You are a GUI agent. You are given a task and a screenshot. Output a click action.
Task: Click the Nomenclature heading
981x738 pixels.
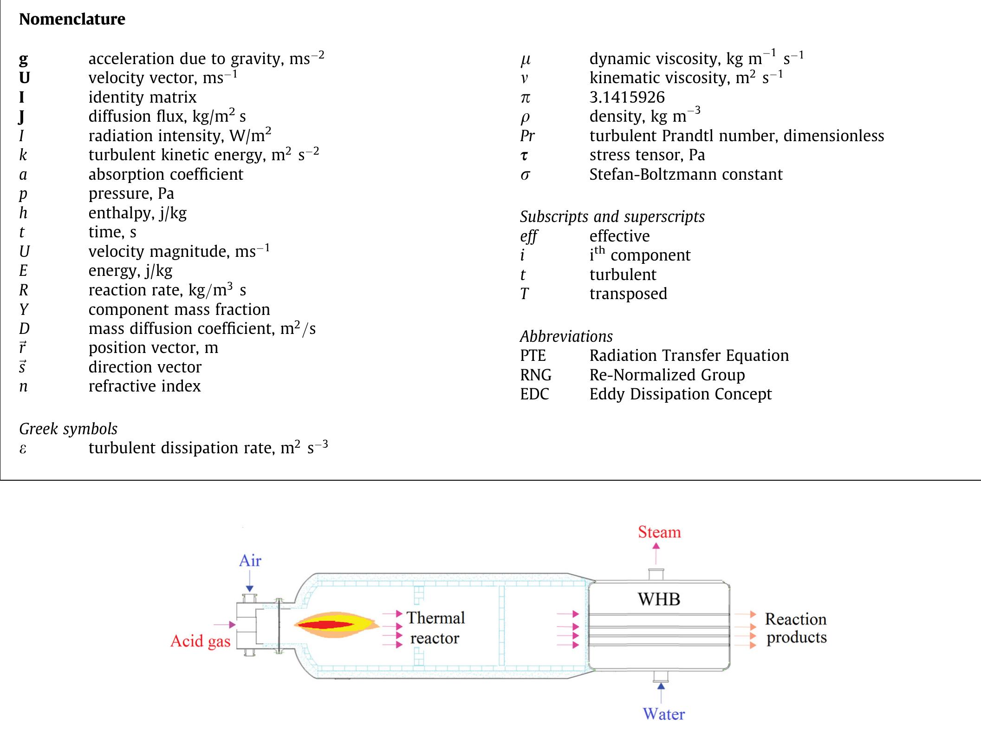[x=72, y=19]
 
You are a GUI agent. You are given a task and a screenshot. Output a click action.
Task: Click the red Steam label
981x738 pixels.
[x=659, y=532]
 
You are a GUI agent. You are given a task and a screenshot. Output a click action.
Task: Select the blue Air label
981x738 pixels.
[x=250, y=561]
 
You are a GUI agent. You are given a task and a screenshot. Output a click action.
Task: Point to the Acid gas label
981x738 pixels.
[x=200, y=641]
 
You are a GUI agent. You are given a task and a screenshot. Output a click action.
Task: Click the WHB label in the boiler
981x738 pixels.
[x=659, y=599]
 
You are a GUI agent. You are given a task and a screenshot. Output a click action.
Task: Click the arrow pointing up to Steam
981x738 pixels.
[x=656, y=553]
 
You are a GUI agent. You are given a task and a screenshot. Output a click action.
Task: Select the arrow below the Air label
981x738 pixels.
[x=250, y=581]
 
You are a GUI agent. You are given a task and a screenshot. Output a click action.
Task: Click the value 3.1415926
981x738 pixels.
[x=627, y=97]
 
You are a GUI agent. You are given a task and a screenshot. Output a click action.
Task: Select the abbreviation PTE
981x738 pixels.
[x=533, y=356]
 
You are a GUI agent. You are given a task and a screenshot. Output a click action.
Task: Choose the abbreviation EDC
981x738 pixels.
[x=534, y=394]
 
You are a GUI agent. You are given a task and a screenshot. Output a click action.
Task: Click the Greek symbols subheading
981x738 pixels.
[x=68, y=429]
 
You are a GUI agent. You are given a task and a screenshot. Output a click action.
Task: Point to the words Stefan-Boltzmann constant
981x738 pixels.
[x=686, y=175]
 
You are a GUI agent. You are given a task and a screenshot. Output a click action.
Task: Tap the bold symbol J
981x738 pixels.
[x=22, y=117]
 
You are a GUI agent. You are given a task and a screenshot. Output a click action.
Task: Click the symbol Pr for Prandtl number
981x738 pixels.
[x=527, y=136]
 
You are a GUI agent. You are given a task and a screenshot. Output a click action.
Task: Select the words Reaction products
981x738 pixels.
[x=796, y=628]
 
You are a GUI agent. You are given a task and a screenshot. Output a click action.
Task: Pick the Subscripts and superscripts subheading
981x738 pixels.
[x=612, y=217]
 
